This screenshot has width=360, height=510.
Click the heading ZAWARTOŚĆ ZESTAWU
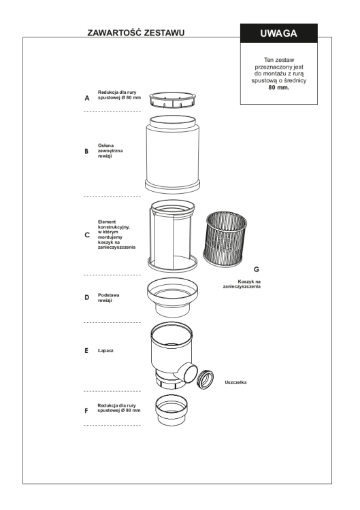click(135, 33)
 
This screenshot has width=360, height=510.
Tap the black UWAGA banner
click(279, 33)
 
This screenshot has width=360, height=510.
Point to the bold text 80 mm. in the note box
click(278, 88)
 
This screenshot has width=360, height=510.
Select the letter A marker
click(87, 98)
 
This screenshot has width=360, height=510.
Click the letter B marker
click(86, 151)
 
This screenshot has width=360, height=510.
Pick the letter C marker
click(87, 235)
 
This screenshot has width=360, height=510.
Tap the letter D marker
click(87, 297)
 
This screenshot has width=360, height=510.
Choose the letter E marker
click(86, 351)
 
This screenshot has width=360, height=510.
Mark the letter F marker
click(86, 411)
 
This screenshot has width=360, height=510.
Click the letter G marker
click(257, 269)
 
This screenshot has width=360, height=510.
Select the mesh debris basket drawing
click(225, 239)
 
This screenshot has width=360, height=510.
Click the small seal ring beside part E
click(206, 379)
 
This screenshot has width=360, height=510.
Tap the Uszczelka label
click(235, 382)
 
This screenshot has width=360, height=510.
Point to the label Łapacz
click(105, 351)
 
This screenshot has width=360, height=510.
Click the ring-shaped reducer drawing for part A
click(173, 99)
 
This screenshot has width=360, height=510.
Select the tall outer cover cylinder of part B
click(172, 154)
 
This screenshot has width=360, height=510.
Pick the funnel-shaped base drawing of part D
click(172, 297)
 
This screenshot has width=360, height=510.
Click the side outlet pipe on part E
click(188, 372)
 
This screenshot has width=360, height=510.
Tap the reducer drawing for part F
click(171, 410)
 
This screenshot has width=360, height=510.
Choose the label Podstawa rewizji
click(109, 298)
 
